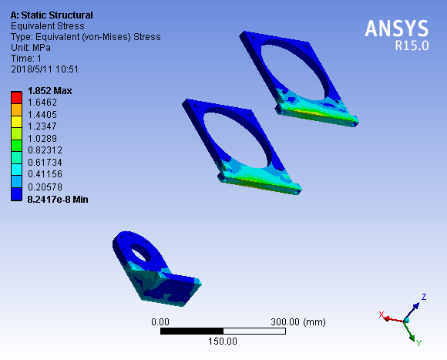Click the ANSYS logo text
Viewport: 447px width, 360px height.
pos(397,29)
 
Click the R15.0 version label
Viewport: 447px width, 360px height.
pos(412,45)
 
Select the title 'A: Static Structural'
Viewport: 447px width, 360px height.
pos(52,15)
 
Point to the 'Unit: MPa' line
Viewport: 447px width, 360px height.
pos(31,48)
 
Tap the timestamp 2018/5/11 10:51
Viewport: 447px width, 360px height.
pos(45,69)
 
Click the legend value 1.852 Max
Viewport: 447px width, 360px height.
pos(50,91)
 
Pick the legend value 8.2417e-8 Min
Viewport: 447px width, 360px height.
pos(58,199)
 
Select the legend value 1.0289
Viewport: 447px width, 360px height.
pos(42,139)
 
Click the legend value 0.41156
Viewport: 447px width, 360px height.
pos(45,174)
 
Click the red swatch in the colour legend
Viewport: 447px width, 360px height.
pos(16,97)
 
